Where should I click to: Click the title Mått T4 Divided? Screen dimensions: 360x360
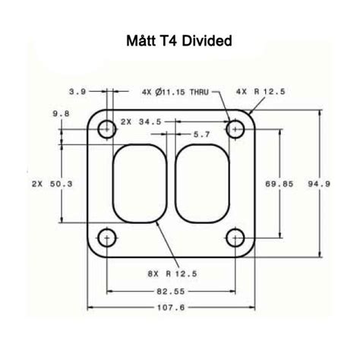pyautogui.click(x=179, y=41)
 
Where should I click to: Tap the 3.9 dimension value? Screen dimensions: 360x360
pyautogui.click(x=77, y=91)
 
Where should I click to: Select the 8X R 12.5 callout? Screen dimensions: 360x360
pyautogui.click(x=173, y=273)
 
